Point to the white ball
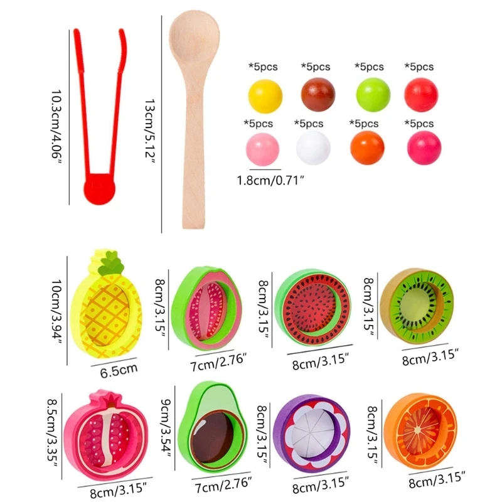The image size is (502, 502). pos(312,147)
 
